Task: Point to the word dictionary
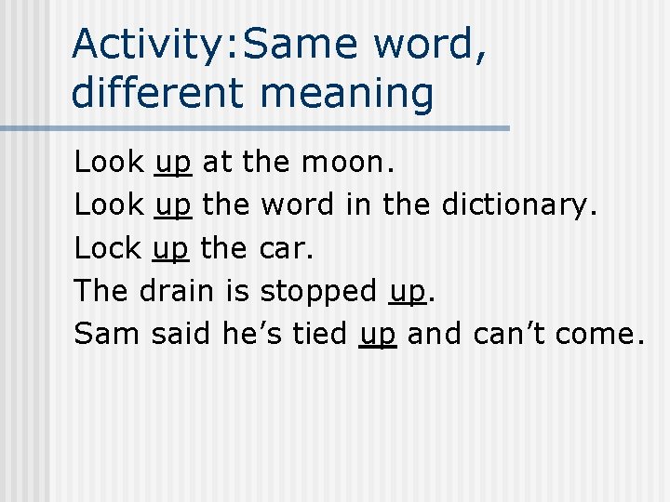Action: click(x=517, y=205)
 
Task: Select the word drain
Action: click(x=178, y=291)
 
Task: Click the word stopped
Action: click(x=318, y=291)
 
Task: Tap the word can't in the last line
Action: click(x=509, y=334)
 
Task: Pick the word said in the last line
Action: click(x=182, y=334)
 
